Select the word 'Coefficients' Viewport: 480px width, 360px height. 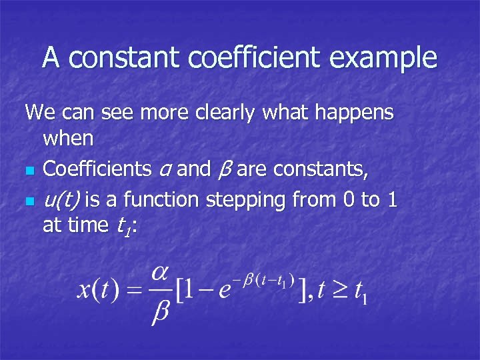click(x=97, y=169)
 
